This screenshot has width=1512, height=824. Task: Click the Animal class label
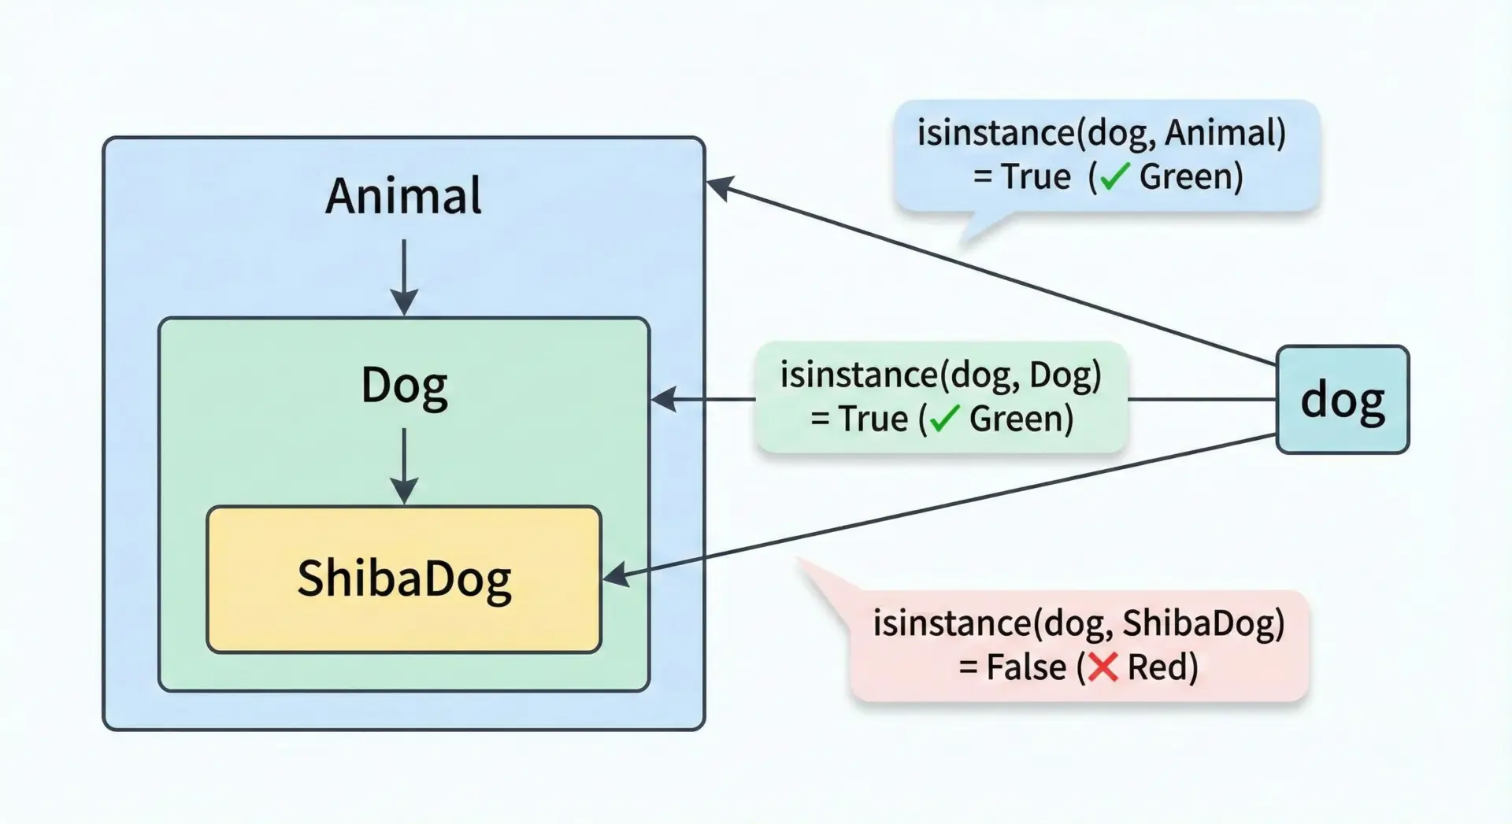403,196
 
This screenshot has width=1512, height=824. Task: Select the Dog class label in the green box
404,386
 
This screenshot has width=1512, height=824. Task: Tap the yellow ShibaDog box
404,579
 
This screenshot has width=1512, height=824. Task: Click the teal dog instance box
1342,400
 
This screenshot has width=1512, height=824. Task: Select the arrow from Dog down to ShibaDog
404,466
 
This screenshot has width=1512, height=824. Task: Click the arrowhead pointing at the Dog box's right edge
664,399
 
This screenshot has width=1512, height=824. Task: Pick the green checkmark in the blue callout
1114,177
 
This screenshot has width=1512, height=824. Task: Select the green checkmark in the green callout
943,419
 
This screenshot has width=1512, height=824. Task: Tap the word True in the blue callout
1036,177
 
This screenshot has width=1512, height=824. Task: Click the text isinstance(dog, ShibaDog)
1078,623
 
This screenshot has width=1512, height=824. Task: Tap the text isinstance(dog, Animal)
1101,133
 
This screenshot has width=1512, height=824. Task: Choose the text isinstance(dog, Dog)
940,375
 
